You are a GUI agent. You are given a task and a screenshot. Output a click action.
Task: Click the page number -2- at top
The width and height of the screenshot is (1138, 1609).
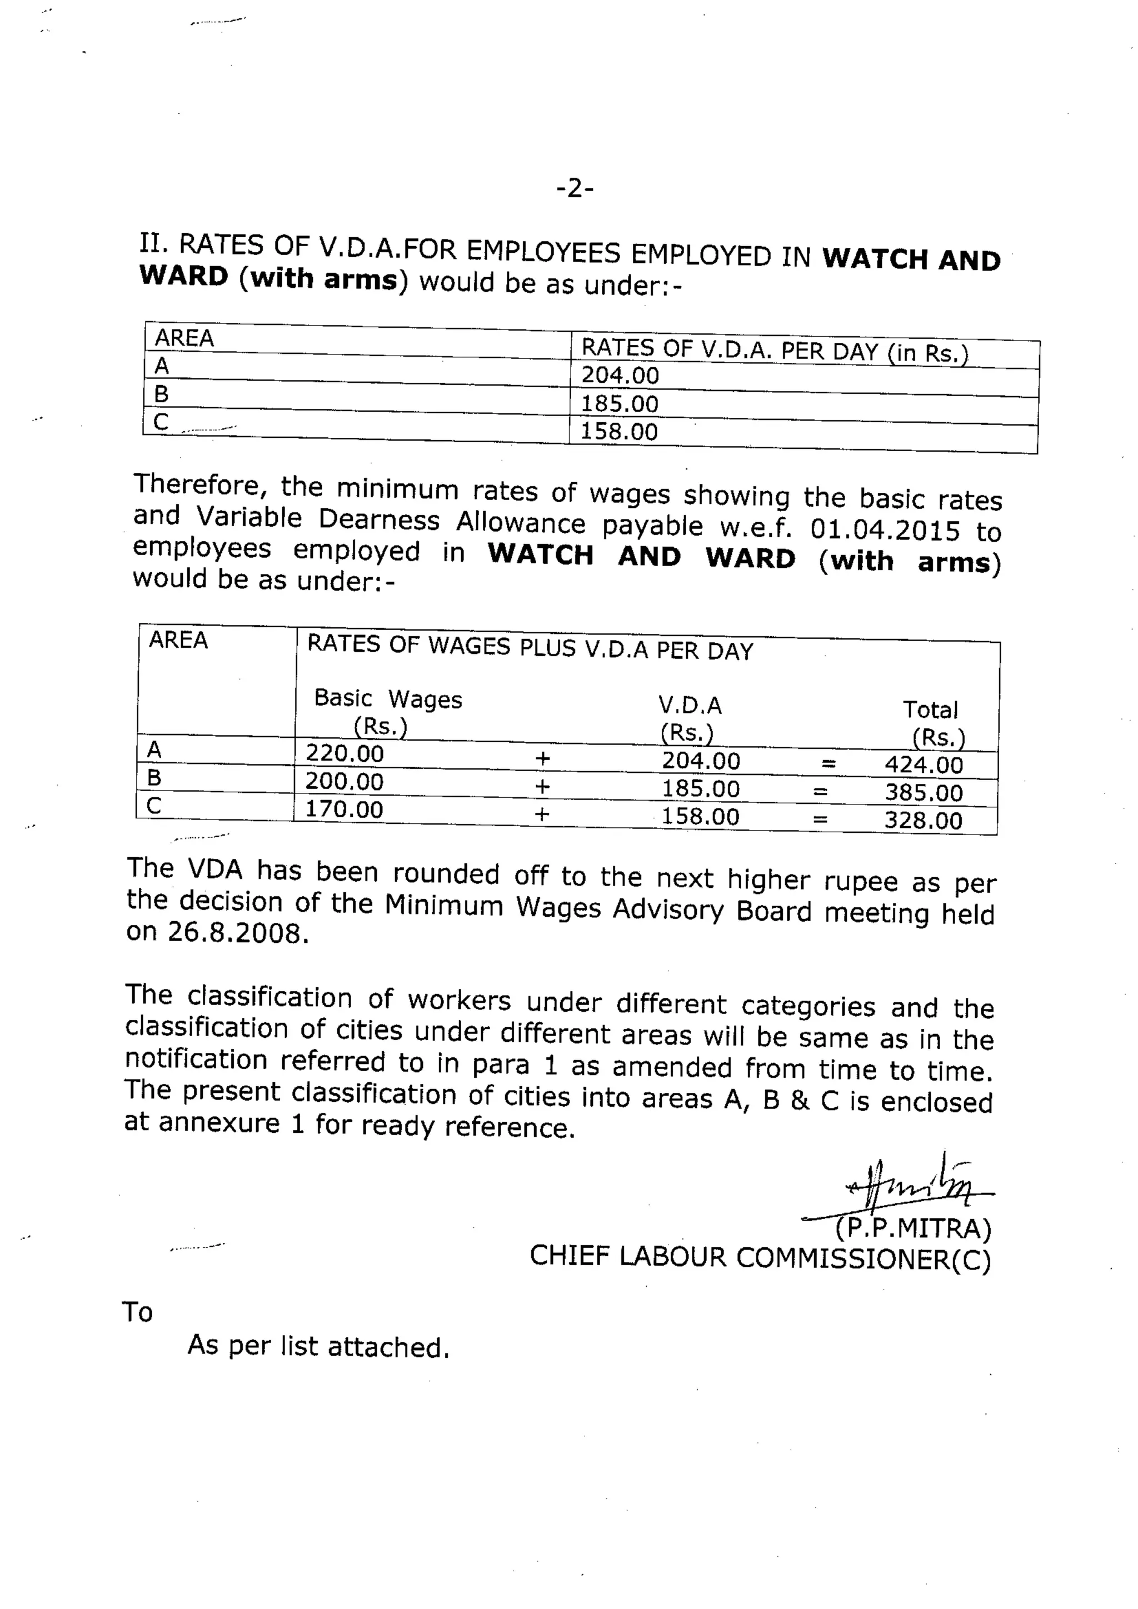(575, 188)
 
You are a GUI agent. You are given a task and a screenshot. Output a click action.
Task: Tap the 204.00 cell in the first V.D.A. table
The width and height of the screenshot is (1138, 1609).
(620, 376)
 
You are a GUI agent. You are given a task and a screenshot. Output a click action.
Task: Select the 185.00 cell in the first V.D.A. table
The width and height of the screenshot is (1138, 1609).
(620, 404)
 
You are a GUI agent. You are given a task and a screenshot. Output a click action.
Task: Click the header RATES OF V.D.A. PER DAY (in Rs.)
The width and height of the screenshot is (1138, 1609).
(774, 351)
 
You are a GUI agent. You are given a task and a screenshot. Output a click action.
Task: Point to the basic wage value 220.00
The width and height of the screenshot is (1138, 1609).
(345, 753)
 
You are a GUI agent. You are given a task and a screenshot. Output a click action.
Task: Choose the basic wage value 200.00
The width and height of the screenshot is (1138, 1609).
(344, 781)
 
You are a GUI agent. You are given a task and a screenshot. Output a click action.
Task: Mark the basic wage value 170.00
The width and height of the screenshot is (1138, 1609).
(344, 810)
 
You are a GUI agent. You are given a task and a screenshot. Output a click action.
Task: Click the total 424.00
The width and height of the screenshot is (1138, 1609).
(924, 764)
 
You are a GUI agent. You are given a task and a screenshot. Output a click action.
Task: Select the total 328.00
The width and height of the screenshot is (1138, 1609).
(924, 821)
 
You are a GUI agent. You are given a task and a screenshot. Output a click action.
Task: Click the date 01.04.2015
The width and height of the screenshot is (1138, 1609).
(884, 530)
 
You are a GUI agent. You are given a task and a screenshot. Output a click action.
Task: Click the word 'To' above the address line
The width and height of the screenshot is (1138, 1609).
(137, 1312)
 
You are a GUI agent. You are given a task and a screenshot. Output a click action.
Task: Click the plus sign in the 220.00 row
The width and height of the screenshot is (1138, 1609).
(542, 758)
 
